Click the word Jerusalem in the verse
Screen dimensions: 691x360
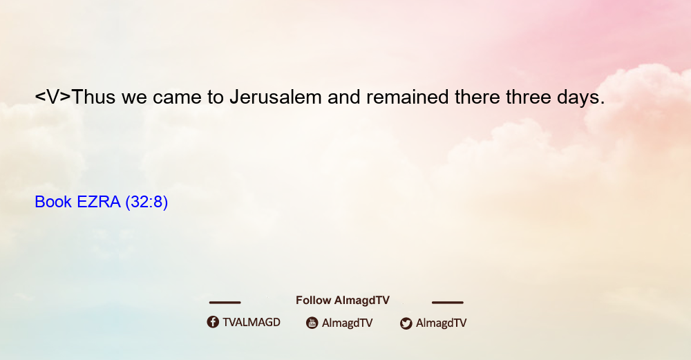pyautogui.click(x=276, y=97)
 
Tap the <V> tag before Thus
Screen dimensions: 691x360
pyautogui.click(x=53, y=97)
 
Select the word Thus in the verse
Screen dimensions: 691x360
pyautogui.click(x=93, y=97)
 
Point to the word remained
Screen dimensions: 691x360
pyautogui.click(x=407, y=97)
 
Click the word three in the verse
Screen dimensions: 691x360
pyautogui.click(x=529, y=97)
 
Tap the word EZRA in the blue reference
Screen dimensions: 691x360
pyautogui.click(x=99, y=202)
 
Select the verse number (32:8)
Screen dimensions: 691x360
pyautogui.click(x=146, y=202)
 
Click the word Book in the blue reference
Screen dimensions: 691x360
pyautogui.click(x=53, y=202)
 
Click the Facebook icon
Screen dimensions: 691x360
pyautogui.click(x=213, y=322)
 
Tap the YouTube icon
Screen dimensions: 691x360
pyautogui.click(x=312, y=323)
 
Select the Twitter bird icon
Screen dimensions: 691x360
pyautogui.click(x=406, y=323)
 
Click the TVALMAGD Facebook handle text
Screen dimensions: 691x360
pyautogui.click(x=252, y=323)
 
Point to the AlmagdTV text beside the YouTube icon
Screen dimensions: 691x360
pyautogui.click(x=348, y=323)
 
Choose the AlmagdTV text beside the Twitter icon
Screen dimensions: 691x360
pyautogui.click(x=441, y=323)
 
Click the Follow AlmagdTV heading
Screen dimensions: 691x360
pyautogui.click(x=343, y=301)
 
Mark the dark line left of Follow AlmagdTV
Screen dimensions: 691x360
pyautogui.click(x=225, y=303)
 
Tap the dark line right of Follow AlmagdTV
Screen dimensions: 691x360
pyautogui.click(x=448, y=303)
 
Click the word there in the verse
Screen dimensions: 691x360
pyautogui.click(x=477, y=97)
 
